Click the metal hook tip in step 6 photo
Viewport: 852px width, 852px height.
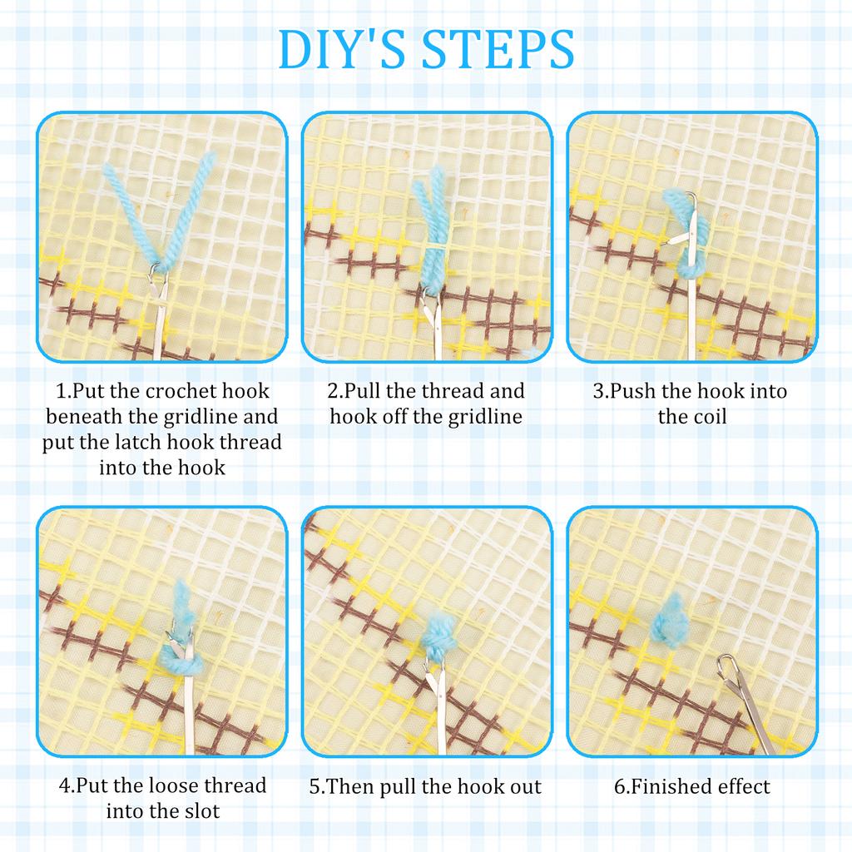726,664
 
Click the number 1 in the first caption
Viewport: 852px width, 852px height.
61,391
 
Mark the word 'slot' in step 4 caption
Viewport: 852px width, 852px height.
201,811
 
